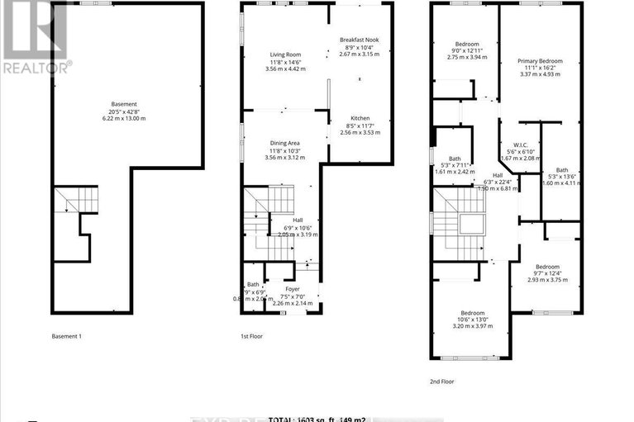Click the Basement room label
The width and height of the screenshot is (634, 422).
124,104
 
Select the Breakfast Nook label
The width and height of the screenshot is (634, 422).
359,40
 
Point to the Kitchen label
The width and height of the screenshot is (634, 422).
359,118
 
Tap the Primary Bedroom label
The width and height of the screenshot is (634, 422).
538,61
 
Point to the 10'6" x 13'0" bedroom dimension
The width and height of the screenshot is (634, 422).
472,320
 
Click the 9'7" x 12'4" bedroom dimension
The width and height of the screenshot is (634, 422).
546,273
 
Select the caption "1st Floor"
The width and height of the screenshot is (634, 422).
251,336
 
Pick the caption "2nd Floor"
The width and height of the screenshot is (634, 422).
443,382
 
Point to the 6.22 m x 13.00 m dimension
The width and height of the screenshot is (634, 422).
124,119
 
